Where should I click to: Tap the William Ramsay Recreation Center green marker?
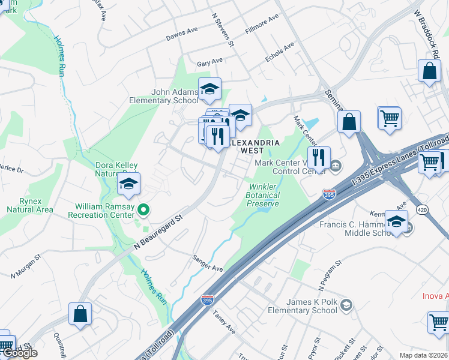143,210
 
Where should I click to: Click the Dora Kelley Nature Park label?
116,169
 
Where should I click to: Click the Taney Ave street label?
224,326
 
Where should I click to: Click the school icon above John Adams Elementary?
209,89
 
